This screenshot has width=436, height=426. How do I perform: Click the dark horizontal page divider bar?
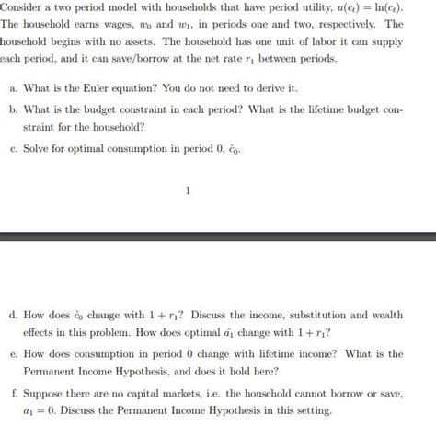(x=218, y=238)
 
